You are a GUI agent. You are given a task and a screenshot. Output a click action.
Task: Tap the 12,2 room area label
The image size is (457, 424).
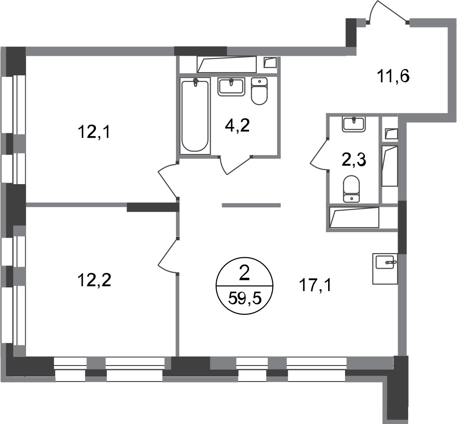(x=94, y=281)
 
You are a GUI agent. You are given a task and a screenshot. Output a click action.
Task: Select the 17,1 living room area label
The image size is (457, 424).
(x=315, y=286)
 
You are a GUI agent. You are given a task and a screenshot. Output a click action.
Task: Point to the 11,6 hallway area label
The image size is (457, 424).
(x=393, y=77)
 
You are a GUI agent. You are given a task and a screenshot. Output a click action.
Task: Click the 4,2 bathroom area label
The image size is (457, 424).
(x=237, y=126)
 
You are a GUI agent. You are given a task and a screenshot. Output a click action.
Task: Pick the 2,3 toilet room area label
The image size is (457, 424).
(x=354, y=160)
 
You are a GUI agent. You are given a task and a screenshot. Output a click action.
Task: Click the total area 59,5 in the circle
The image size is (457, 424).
(x=244, y=298)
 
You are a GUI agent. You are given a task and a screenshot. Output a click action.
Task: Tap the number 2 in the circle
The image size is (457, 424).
(x=244, y=275)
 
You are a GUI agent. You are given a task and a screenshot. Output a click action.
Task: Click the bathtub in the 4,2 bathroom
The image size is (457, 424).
(x=195, y=116)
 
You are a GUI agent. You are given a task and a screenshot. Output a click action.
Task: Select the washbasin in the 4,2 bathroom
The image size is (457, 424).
(x=231, y=87)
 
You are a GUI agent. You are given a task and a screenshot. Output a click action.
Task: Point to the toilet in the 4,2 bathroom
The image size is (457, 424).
(x=259, y=91)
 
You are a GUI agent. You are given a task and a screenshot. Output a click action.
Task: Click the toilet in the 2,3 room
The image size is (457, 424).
(x=351, y=189)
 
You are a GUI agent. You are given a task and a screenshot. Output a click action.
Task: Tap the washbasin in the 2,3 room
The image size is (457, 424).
(x=354, y=124)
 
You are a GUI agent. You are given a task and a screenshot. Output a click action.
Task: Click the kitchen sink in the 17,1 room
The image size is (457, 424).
(x=385, y=268)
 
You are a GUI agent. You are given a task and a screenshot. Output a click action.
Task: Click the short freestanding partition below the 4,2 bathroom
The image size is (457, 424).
(x=251, y=205)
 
